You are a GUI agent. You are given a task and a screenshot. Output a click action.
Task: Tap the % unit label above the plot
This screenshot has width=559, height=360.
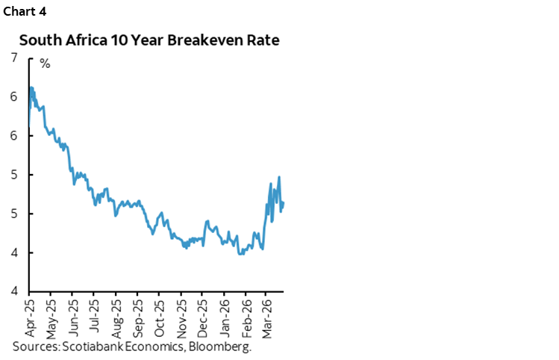45,64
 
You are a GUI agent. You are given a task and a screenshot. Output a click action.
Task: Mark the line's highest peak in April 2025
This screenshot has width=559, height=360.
31,87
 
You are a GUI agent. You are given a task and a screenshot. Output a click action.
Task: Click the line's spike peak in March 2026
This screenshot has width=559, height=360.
279,177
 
